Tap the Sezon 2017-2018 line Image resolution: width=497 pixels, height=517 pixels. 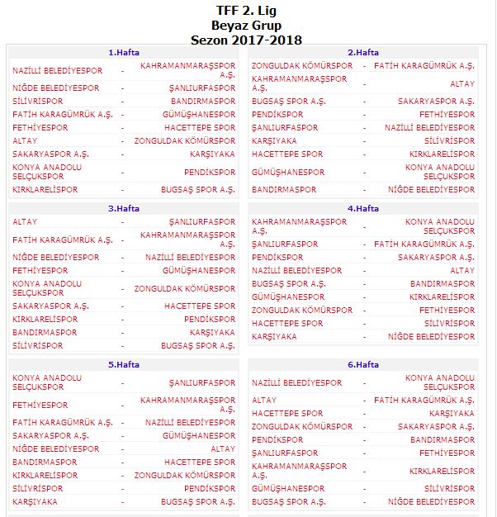tap(246, 39)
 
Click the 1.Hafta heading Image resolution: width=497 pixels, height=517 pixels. tap(124, 52)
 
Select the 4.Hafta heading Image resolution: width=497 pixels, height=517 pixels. tap(362, 209)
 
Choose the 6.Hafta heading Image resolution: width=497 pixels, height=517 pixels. tap(362, 364)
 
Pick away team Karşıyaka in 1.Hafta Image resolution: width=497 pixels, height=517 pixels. tap(212, 154)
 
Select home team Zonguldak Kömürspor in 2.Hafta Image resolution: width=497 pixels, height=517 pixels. tap(301, 65)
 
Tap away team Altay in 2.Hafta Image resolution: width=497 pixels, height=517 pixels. tap(462, 83)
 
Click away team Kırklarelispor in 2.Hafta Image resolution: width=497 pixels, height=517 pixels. tap(443, 154)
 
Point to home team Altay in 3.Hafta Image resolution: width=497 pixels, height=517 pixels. tap(25, 221)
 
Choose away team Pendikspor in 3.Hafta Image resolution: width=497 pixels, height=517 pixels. tap(210, 319)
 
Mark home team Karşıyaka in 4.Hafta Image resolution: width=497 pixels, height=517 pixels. tap(274, 336)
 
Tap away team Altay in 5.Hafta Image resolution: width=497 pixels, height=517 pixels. tap(223, 448)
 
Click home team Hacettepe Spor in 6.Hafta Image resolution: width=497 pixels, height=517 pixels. tap(287, 413)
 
